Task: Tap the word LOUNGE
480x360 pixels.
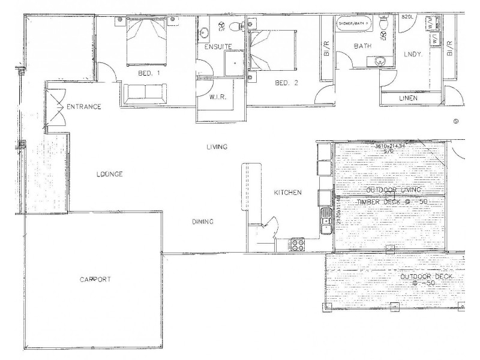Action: coord(109,175)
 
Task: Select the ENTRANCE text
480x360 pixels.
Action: coord(83,107)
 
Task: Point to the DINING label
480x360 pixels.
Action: coord(203,222)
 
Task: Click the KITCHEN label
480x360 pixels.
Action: coord(287,193)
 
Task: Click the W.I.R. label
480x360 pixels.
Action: coord(218,97)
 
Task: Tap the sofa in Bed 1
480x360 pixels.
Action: coord(143,93)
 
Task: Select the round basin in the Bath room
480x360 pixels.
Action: coord(379,61)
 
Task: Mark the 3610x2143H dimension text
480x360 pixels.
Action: coord(389,146)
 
